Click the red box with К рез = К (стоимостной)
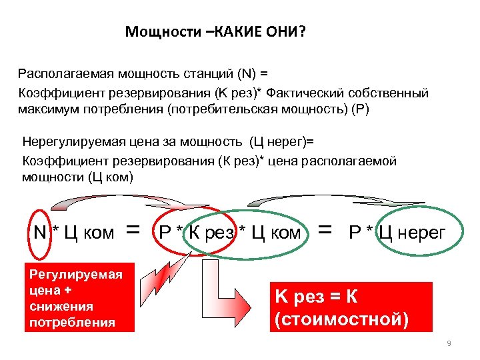click(350, 307)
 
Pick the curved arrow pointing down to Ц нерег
click(333, 198)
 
